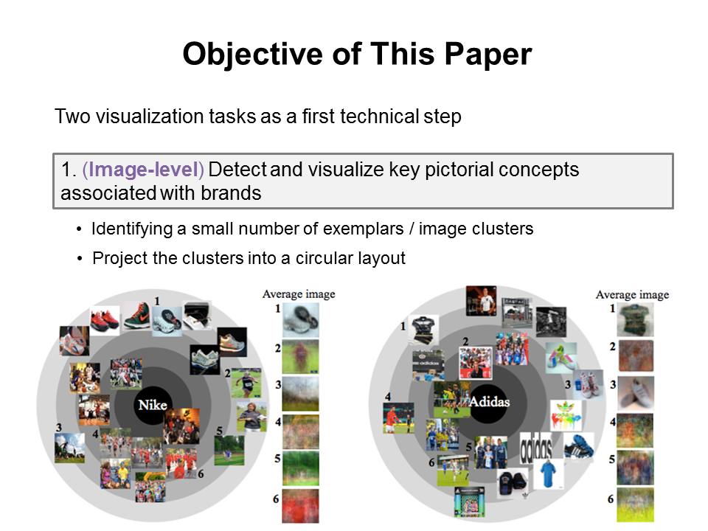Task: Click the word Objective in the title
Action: [x=253, y=55]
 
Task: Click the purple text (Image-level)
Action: [x=143, y=170]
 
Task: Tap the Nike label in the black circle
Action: [x=153, y=405]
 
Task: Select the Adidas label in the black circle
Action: [x=490, y=401]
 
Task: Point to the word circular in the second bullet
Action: [x=326, y=258]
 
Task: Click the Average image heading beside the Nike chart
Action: [x=299, y=294]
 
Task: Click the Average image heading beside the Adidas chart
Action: [x=632, y=295]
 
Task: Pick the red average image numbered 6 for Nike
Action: [x=301, y=506]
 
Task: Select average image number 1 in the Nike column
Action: [x=301, y=320]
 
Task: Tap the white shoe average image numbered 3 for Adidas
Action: [x=635, y=394]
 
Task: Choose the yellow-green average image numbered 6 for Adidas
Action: [x=635, y=504]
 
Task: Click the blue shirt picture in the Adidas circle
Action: [x=548, y=474]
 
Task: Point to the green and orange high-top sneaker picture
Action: [x=137, y=316]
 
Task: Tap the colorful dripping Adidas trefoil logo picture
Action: [x=566, y=415]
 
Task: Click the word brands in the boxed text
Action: [x=231, y=193]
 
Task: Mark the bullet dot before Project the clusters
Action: [x=80, y=259]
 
